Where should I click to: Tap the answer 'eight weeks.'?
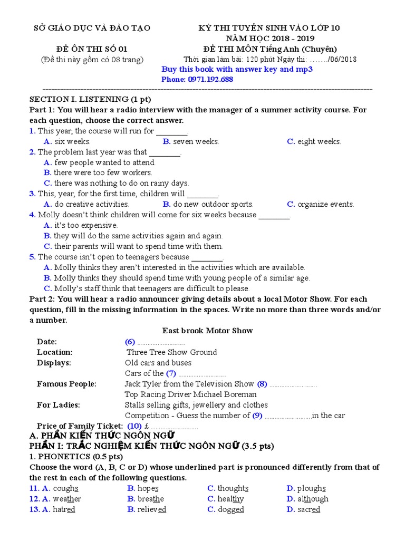coord(319,141)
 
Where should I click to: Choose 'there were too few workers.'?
coord(103,172)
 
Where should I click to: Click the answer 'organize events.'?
coord(325,204)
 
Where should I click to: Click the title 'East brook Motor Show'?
coord(207,331)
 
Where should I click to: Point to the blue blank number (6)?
coord(130,342)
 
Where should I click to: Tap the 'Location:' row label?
coord(55,352)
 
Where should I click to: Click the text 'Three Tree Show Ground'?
coord(172,352)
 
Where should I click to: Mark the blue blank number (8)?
coord(262,384)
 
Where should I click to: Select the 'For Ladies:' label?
coord(59,405)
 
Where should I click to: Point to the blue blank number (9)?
coord(257,416)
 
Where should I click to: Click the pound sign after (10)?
coord(146,426)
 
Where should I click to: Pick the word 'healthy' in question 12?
coord(230,499)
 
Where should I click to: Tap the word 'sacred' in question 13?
coord(308,509)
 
